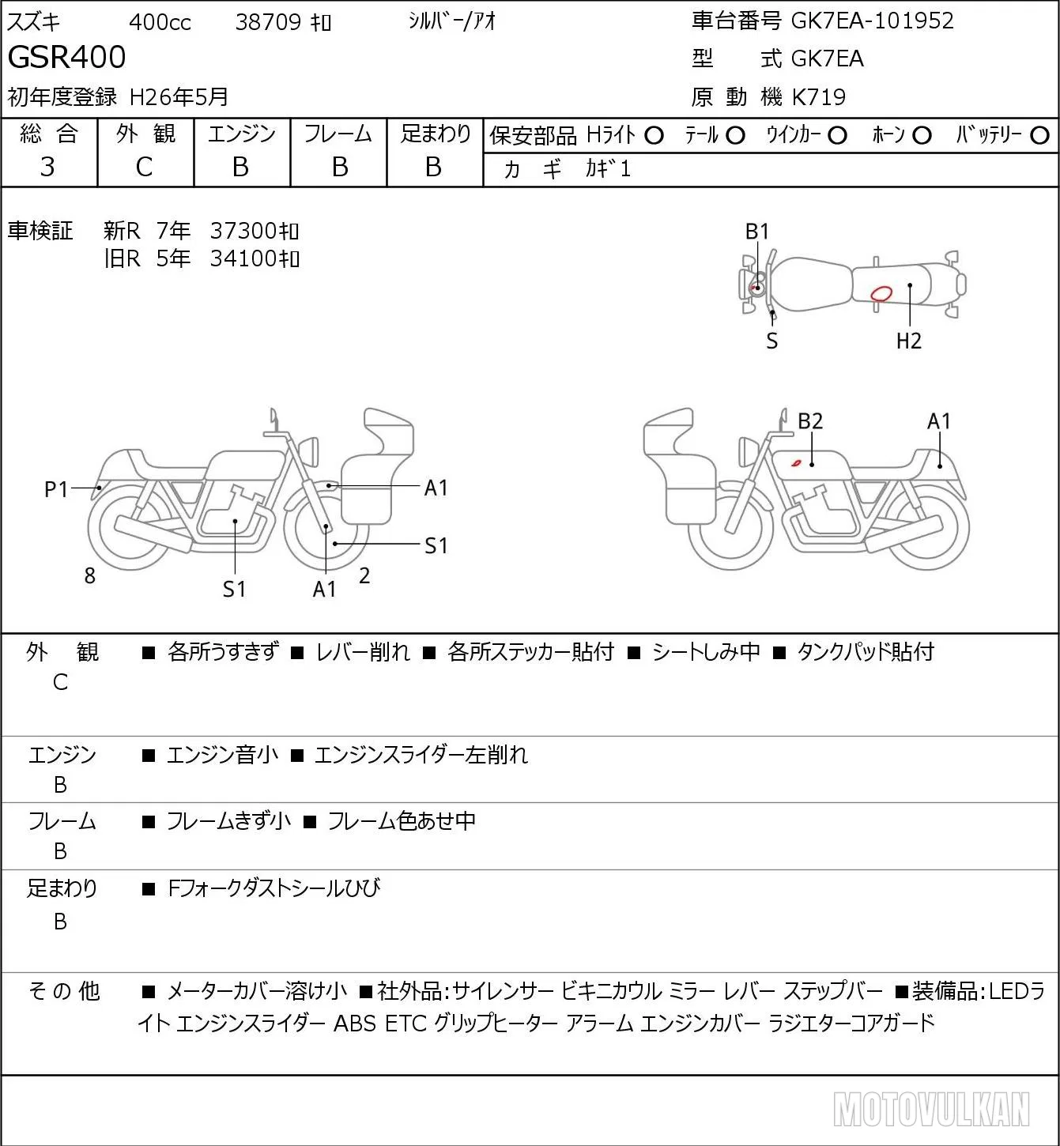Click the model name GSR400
66,57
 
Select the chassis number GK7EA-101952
872,21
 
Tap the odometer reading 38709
268,22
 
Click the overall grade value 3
47,168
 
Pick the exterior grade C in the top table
144,168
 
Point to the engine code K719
819,97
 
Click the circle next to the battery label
1039,136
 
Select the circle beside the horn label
922,136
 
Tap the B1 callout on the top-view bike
757,232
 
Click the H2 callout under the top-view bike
909,341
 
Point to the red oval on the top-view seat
881,294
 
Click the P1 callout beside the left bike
56,490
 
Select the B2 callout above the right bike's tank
810,421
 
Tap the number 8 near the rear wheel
89,576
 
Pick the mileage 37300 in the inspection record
243,231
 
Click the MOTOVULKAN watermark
931,1109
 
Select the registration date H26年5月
179,97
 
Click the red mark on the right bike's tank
796,462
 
